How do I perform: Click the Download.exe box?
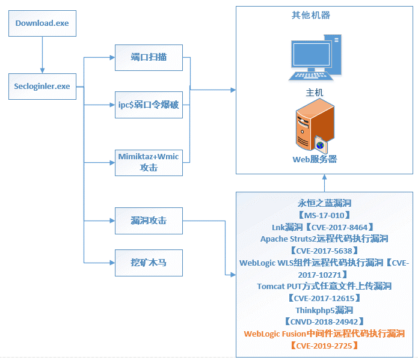42,23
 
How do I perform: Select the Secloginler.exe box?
42,86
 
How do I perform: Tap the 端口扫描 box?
149,58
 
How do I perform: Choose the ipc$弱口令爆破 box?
149,105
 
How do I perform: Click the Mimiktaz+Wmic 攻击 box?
149,162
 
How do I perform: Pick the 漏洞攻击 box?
149,221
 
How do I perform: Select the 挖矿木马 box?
149,263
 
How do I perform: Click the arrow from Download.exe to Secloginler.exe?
42,55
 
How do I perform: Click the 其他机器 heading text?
310,15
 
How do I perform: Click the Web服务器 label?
314,159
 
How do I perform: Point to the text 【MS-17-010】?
324,215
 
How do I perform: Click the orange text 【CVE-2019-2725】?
324,346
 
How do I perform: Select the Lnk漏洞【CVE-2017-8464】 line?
324,227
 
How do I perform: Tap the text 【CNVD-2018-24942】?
324,322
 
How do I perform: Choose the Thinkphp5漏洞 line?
324,310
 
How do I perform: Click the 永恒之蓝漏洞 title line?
324,203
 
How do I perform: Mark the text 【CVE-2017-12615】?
324,298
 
